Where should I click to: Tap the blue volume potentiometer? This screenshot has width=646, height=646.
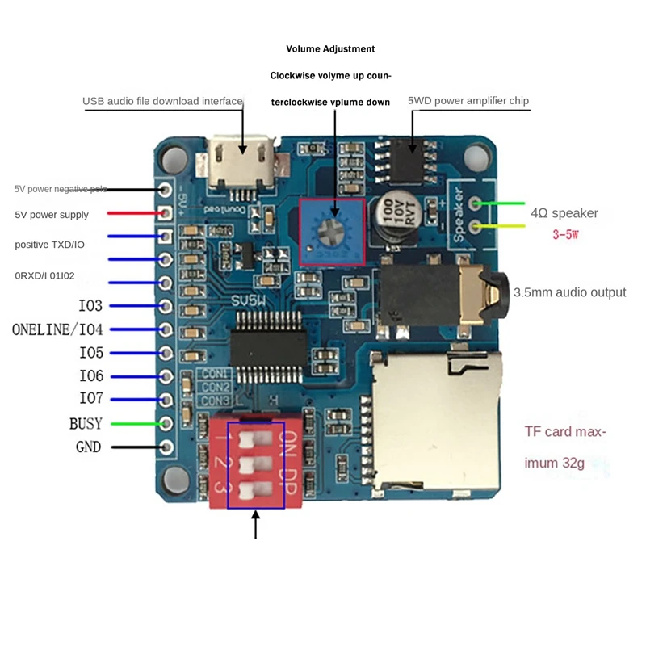331,232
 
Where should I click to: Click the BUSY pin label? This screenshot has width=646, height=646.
86,423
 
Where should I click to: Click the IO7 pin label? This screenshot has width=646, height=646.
91,399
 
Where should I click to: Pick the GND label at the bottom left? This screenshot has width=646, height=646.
88,447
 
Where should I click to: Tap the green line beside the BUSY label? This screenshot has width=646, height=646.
134,423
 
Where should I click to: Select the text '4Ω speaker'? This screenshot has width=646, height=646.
564,213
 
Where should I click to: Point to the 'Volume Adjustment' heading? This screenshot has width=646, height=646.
331,48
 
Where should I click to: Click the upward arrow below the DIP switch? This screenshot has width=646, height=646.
256,524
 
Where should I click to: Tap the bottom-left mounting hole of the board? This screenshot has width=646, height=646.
172,480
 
